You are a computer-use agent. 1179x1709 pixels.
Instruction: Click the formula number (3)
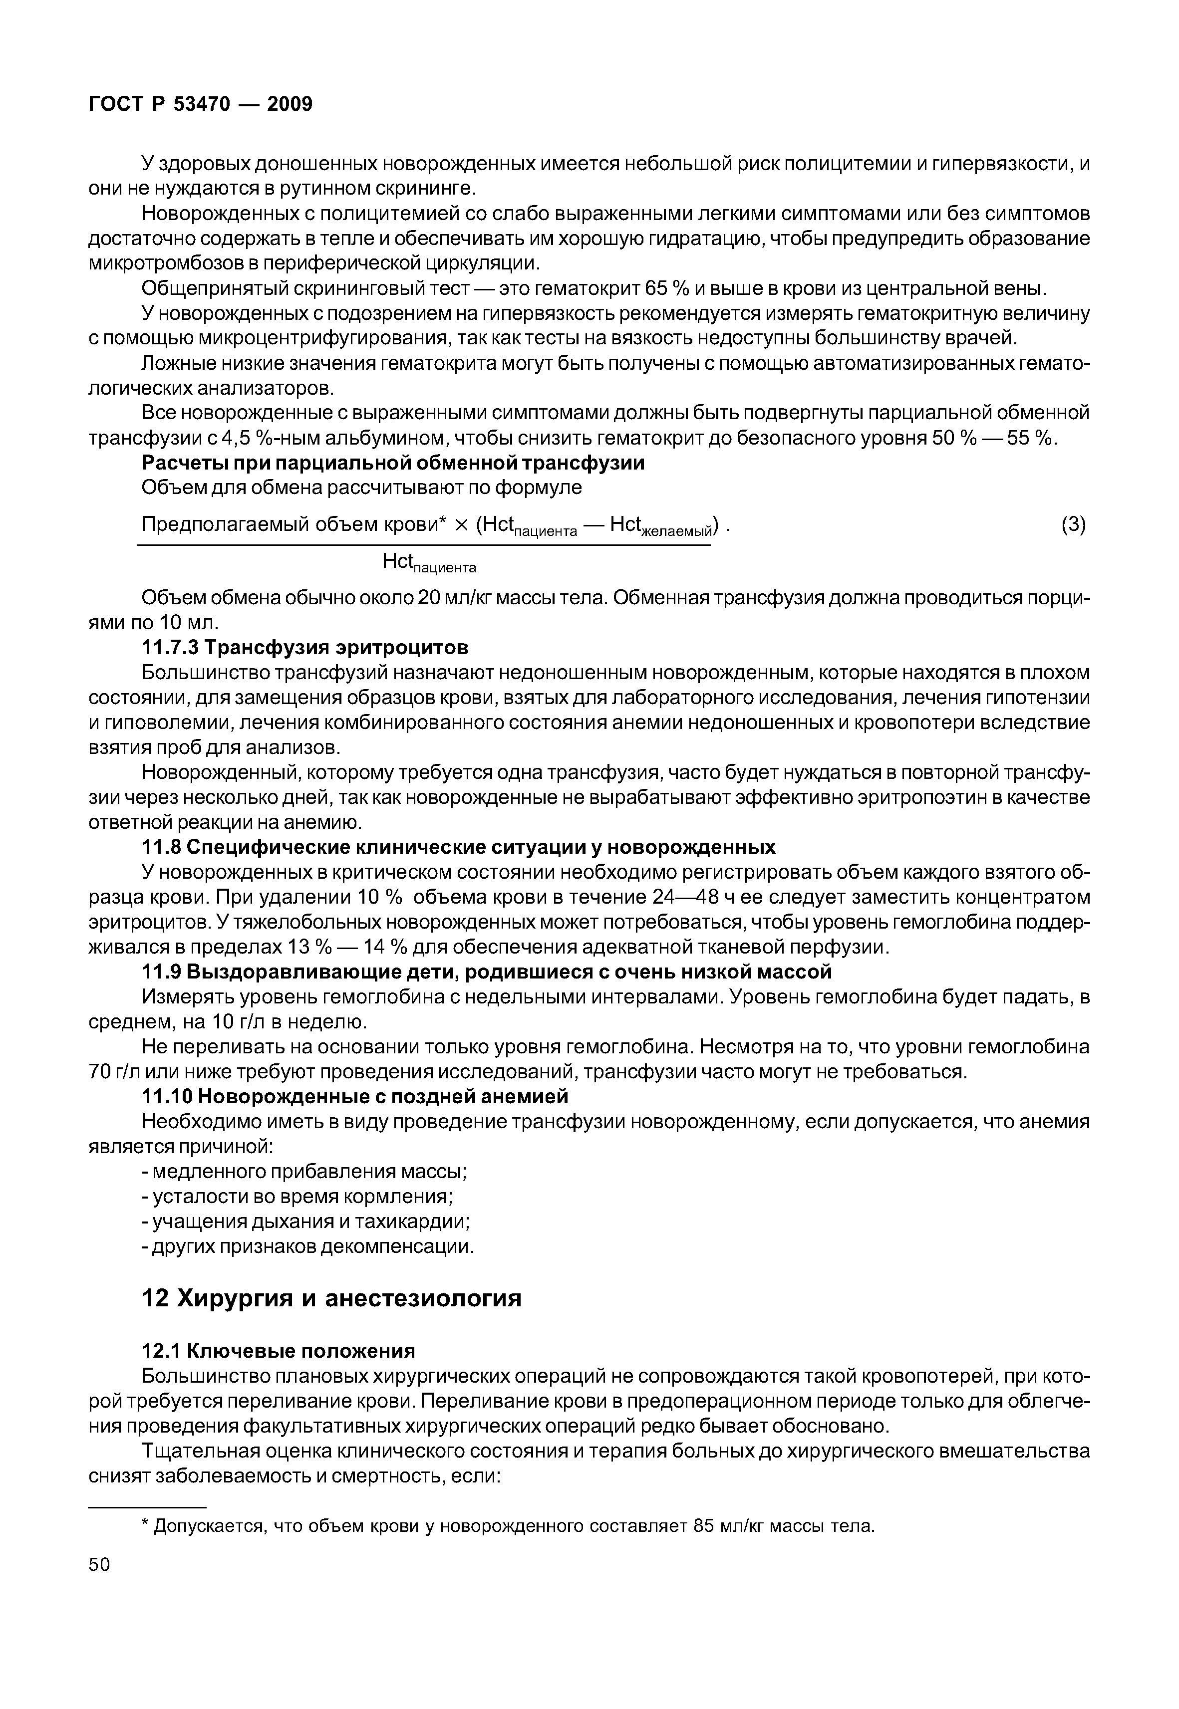point(1073,524)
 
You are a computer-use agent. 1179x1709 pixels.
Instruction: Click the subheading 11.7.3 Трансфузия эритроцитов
point(304,648)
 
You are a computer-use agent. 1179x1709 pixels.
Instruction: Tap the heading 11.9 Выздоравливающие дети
point(486,971)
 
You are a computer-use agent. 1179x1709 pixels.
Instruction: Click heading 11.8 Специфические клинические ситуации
point(458,846)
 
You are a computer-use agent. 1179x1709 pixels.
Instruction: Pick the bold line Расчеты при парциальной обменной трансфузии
point(392,463)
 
